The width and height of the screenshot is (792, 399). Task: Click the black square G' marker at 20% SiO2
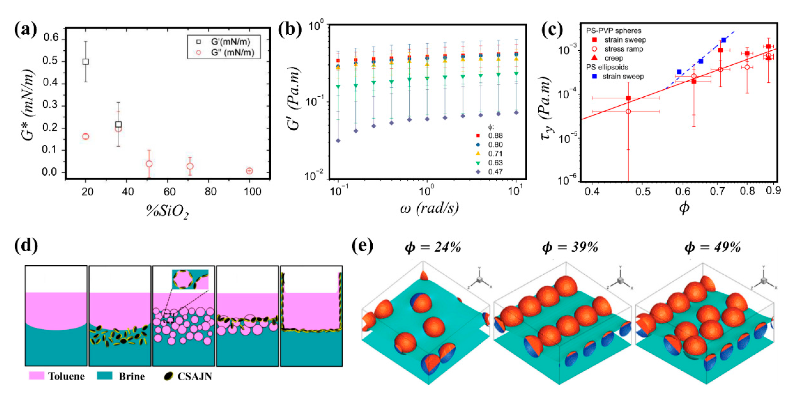(86, 62)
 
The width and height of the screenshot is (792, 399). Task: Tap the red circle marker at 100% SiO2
(249, 171)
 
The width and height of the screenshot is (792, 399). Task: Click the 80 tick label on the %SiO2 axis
(210, 192)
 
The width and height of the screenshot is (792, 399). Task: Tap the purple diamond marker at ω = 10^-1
(338, 141)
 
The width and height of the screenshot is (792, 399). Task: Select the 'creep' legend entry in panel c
(613, 58)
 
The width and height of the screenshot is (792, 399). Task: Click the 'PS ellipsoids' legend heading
(607, 67)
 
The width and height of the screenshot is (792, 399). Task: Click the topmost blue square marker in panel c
(724, 40)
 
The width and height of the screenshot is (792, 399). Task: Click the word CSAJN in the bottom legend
(195, 376)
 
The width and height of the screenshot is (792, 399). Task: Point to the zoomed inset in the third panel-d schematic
(190, 279)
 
